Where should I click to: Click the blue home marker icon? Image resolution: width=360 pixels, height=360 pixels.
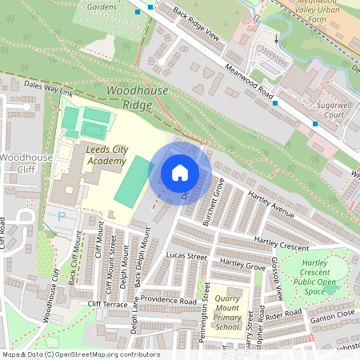tap(180, 173)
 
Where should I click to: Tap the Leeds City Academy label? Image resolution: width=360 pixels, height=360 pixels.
tap(95, 155)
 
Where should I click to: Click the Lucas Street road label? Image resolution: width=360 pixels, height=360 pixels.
tap(186, 257)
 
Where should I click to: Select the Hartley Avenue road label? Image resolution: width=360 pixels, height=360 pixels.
tap(271, 208)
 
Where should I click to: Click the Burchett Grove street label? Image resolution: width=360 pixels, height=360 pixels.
tap(213, 202)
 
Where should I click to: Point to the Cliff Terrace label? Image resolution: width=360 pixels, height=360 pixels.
tap(107, 304)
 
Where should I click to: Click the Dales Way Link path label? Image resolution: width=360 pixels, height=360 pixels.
tap(48, 88)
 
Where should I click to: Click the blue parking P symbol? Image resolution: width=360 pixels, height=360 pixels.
tap(61, 216)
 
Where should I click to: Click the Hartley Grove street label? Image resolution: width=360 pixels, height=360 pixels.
tap(242, 264)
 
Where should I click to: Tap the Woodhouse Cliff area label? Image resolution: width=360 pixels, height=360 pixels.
tap(26, 163)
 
